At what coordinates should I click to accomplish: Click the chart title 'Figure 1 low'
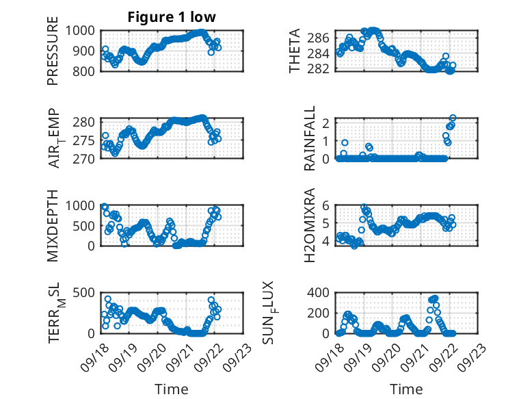(x=172, y=17)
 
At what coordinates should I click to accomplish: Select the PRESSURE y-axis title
(x=53, y=51)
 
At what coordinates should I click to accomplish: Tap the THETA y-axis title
(x=295, y=51)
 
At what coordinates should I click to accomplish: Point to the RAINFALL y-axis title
(x=310, y=138)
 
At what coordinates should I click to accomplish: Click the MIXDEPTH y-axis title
(x=53, y=226)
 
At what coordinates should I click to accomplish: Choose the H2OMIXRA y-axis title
(x=310, y=226)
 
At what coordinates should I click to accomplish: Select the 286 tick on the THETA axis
(x=324, y=37)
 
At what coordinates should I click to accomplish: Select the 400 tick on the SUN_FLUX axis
(x=324, y=293)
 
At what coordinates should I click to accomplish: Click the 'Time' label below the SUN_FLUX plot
(x=406, y=389)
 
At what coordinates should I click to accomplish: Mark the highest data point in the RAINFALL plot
(x=453, y=118)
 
